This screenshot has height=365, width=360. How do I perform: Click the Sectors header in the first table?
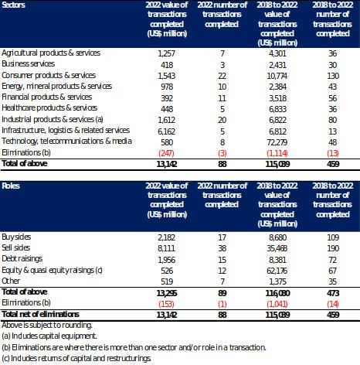[13, 5]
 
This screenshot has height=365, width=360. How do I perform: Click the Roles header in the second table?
[11, 186]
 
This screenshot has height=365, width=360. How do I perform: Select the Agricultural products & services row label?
[51, 53]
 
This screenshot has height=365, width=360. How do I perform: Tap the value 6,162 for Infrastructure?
[166, 131]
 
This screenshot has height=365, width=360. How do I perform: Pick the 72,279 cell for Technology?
[277, 142]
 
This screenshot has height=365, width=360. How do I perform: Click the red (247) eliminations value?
[166, 153]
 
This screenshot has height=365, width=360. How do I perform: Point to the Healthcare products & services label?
[49, 107]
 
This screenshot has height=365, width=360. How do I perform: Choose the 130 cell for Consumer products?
[333, 76]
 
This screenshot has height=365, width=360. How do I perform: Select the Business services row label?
[28, 63]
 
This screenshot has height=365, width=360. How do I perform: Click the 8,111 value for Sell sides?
[166, 248]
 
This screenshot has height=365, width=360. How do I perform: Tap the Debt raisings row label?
[22, 259]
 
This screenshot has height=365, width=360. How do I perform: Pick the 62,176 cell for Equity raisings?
[277, 271]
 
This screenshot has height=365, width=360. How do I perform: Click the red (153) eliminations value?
[166, 304]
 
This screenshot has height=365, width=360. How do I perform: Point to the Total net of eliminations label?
[40, 314]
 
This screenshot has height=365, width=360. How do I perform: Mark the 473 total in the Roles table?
[333, 293]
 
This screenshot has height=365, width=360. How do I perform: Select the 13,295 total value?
[167, 293]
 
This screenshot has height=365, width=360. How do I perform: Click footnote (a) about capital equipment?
[49, 336]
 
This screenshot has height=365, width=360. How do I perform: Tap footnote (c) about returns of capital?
[76, 358]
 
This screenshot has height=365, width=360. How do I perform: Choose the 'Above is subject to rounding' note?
[47, 325]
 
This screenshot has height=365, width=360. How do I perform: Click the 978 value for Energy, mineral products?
[167, 87]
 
